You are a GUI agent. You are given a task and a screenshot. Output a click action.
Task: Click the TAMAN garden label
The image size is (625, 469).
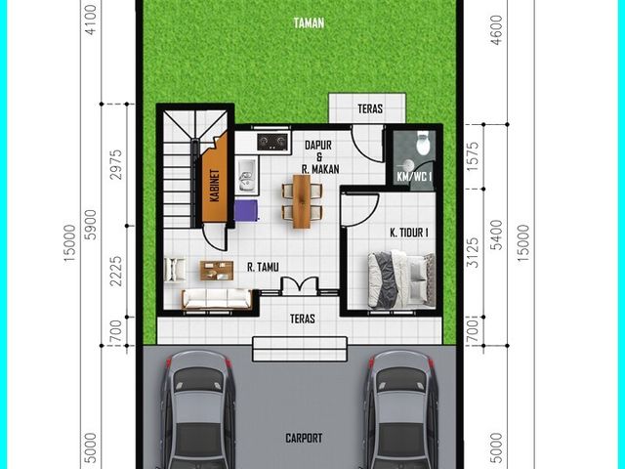[x=309, y=23]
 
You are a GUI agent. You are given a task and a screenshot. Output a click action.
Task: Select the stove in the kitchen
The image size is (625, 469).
[x=272, y=142]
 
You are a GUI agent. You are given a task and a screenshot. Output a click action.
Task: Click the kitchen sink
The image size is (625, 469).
[x=247, y=176]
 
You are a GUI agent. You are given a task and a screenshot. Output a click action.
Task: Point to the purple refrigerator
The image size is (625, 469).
[x=246, y=210]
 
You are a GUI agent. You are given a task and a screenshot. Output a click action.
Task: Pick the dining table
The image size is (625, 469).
[x=302, y=201]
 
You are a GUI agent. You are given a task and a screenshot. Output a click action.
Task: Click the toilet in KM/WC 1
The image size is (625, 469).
[x=423, y=144]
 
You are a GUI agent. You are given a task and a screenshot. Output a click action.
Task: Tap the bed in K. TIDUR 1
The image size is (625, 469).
[x=401, y=279]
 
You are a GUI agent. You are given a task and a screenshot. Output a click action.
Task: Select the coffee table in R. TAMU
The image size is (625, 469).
[x=217, y=271]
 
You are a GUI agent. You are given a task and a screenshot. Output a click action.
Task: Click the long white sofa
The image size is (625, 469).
[x=217, y=299]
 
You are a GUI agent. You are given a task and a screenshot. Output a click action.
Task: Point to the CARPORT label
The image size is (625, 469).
[x=304, y=438]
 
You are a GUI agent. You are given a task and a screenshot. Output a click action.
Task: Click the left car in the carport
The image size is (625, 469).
[x=197, y=410]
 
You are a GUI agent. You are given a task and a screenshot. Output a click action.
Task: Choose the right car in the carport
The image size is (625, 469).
[x=401, y=410]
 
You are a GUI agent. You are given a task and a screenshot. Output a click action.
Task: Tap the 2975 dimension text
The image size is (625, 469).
[x=116, y=165]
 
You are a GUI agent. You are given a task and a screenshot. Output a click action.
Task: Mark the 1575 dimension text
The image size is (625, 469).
[x=473, y=156]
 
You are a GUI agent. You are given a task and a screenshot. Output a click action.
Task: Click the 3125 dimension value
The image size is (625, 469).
[x=473, y=252]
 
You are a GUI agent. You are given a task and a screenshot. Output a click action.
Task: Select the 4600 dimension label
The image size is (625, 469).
[x=497, y=30]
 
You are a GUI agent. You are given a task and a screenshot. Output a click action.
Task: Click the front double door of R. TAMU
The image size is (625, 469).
[x=300, y=286]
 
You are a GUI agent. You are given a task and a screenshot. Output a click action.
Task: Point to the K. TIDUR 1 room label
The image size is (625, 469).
[x=409, y=233]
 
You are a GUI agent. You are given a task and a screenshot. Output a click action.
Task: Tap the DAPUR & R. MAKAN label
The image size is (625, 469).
[x=319, y=157]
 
